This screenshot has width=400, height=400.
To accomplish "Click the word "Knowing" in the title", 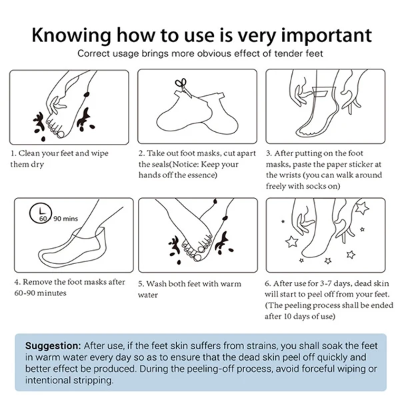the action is [71, 35].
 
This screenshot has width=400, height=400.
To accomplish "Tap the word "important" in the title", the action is [326, 35].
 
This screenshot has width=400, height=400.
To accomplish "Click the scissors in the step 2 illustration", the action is [183, 87].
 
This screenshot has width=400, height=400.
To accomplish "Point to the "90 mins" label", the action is [65, 219].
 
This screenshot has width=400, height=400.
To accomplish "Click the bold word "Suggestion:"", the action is [53, 346].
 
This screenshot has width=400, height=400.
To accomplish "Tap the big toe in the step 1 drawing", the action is [61, 134].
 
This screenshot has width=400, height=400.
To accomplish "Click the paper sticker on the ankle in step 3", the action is [321, 91].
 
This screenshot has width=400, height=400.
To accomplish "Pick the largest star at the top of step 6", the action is [362, 207].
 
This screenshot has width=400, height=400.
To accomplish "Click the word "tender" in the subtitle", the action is [288, 53].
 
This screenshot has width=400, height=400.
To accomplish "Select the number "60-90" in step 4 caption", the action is [25, 293].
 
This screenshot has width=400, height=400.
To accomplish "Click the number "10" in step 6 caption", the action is [287, 316].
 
